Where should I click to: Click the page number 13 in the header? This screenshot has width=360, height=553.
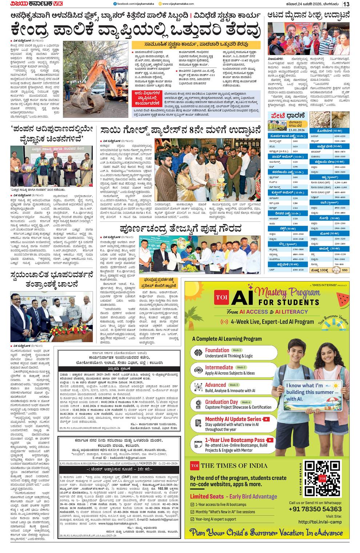click(x=346, y=4)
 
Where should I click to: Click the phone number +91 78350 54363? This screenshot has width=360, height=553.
click(x=315, y=509)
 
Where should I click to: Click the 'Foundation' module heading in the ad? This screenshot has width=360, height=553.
click(x=217, y=350)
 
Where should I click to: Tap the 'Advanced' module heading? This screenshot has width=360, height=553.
click(x=215, y=385)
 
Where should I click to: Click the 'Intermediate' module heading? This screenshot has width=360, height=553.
click(x=219, y=367)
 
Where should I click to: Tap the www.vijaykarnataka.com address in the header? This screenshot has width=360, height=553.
click(x=178, y=4)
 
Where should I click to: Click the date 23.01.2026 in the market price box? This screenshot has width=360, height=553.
click(x=297, y=130)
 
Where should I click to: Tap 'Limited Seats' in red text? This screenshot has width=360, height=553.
click(x=207, y=496)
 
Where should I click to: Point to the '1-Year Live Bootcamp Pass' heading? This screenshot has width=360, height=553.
click(x=235, y=440)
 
